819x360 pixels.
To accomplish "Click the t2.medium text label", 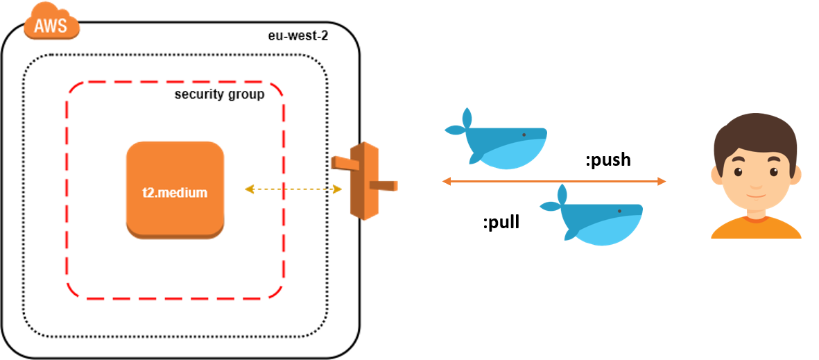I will click(175, 193).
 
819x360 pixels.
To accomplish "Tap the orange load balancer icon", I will click(364, 181).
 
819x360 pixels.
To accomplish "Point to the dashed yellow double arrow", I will click(293, 189).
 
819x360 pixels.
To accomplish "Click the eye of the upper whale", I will click(524, 135).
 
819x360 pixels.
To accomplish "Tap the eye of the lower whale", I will click(619, 211).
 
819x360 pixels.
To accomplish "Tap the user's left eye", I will click(738, 172).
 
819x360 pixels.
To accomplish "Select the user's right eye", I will click(773, 172).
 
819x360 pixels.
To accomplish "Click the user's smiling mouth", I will click(755, 195).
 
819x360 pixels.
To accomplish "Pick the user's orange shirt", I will click(756, 228).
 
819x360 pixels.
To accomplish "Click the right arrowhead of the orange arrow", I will click(662, 182).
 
